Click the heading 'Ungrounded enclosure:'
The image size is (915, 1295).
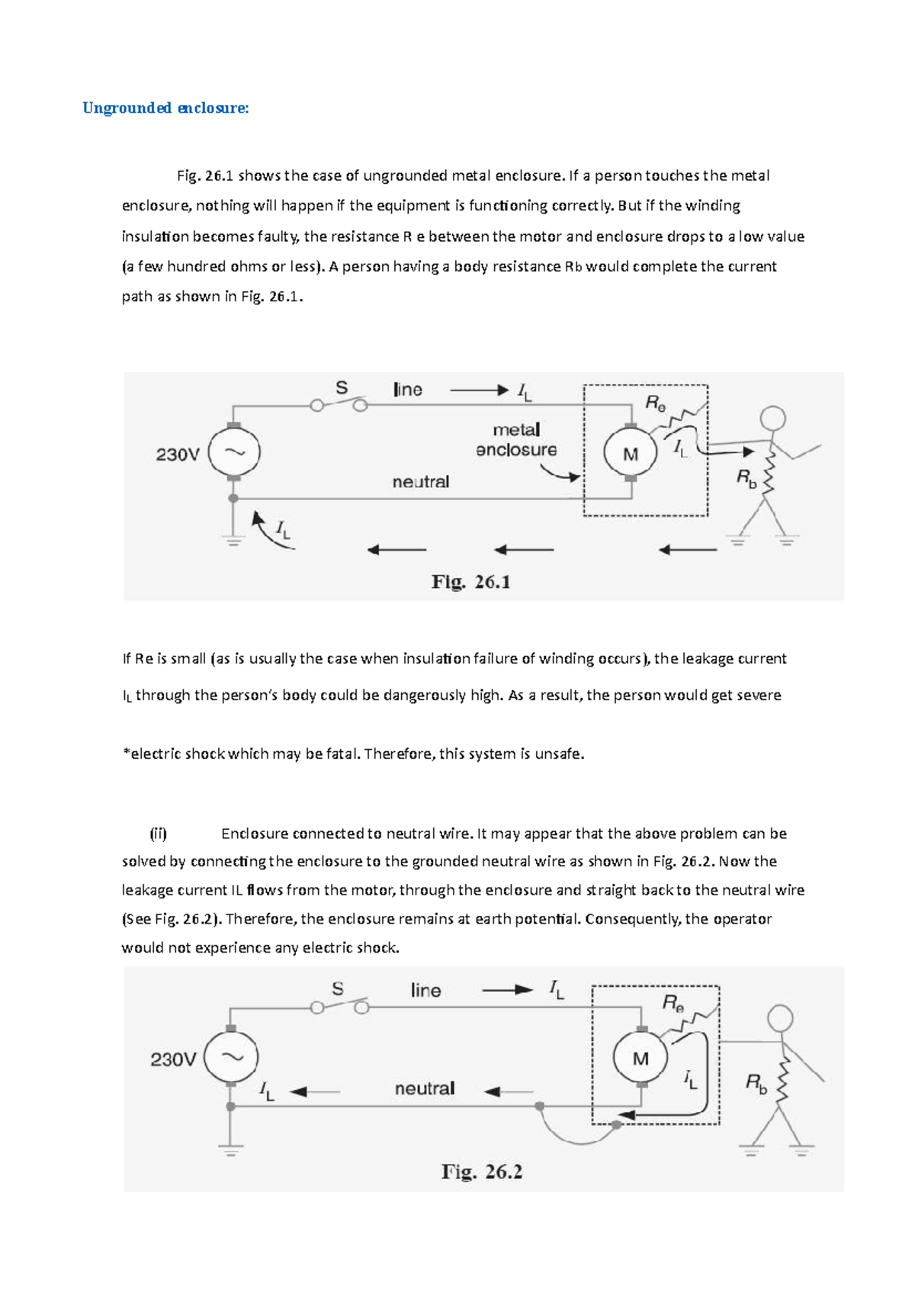(x=165, y=108)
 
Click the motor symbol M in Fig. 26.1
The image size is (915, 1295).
(x=630, y=454)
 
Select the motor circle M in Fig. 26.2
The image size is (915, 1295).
(x=640, y=1058)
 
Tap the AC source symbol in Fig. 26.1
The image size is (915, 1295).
(x=234, y=452)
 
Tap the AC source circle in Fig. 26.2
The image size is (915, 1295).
(x=232, y=1057)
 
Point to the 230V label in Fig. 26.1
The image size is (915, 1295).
(x=178, y=455)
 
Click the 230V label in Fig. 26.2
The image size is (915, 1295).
(x=173, y=1059)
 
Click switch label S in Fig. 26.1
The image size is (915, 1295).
(x=342, y=388)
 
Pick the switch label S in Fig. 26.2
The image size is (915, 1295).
(x=338, y=989)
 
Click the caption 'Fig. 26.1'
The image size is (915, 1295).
(x=470, y=582)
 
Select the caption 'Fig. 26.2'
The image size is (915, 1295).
(x=481, y=1171)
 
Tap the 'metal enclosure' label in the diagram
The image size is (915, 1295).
(x=516, y=440)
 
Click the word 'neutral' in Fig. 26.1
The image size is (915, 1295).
(x=420, y=482)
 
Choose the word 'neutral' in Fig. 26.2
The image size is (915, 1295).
(x=425, y=1088)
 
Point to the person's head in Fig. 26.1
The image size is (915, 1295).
(x=773, y=418)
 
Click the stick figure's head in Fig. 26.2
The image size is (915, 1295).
(x=780, y=1018)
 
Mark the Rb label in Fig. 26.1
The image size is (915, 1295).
(x=746, y=478)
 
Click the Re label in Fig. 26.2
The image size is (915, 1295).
(x=673, y=1002)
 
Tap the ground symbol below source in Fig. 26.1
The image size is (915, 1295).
(x=233, y=541)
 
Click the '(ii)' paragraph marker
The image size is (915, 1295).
(x=158, y=834)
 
